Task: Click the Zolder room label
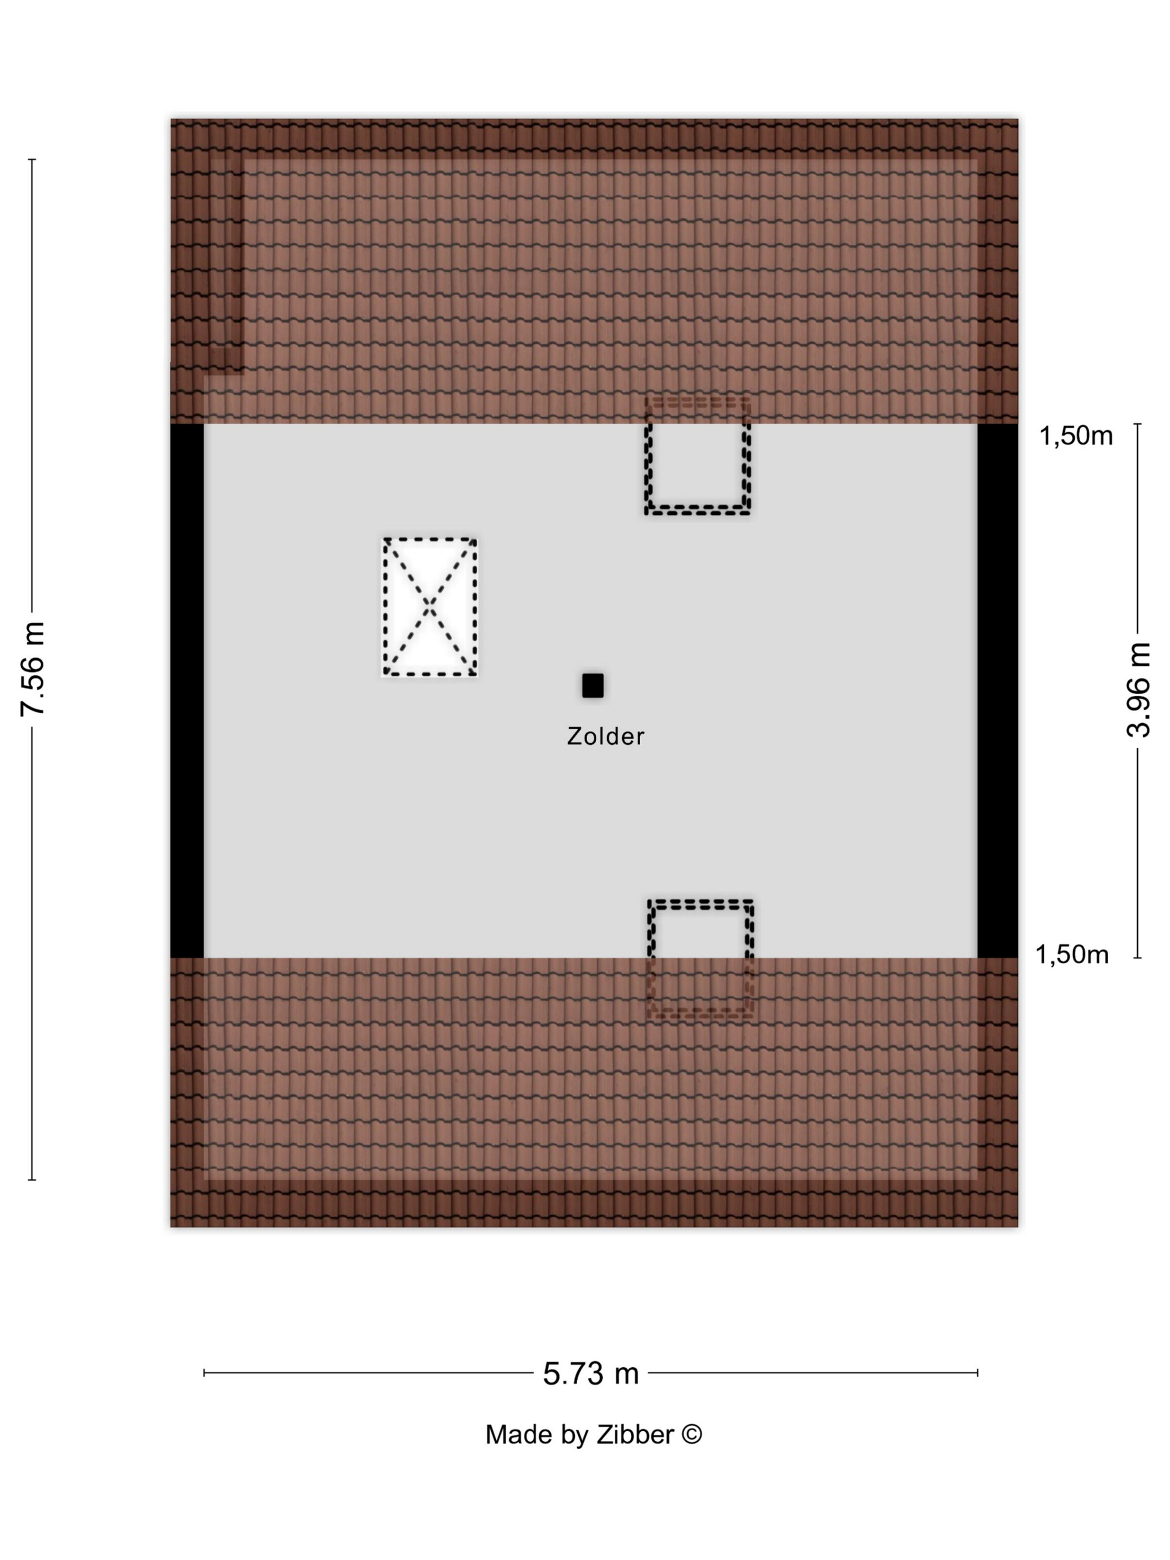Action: tap(605, 737)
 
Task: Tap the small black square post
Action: tap(592, 685)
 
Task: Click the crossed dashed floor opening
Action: tap(430, 607)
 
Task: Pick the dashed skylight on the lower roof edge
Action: tap(700, 958)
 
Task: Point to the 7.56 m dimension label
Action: tap(33, 669)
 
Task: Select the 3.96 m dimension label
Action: tap(1137, 690)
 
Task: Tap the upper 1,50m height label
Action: tap(1075, 436)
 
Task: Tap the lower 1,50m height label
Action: tap(1071, 954)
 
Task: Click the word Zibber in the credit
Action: tap(635, 1435)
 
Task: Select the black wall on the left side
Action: tap(187, 690)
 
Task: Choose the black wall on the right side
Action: tap(997, 690)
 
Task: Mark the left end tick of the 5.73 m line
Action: tap(204, 1372)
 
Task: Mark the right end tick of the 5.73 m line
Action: tap(977, 1372)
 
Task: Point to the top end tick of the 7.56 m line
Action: tap(32, 160)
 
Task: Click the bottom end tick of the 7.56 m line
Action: tap(32, 1180)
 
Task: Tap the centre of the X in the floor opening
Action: tap(430, 607)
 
